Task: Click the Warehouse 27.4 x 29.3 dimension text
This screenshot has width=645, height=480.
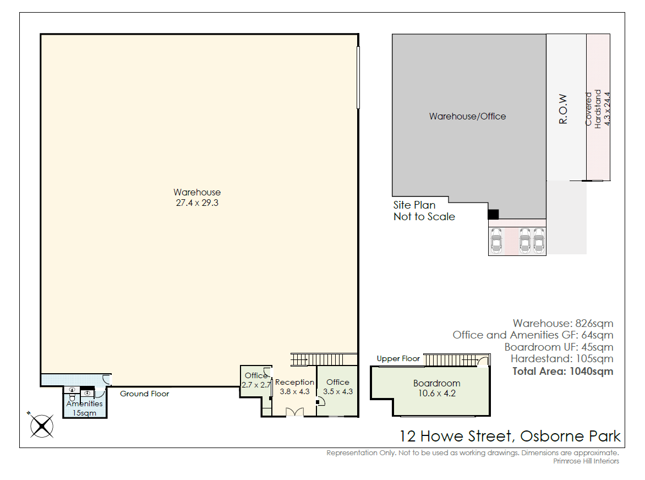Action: point(197,198)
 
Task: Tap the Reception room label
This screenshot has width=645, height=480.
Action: point(294,386)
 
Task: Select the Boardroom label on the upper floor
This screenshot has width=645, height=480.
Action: point(437,388)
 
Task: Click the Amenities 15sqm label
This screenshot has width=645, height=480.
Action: point(84,408)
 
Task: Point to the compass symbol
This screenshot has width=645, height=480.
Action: point(41,426)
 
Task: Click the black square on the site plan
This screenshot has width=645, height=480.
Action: point(493,214)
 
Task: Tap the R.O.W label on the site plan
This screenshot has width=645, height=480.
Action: point(563,109)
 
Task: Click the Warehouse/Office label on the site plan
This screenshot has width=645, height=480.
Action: point(467,116)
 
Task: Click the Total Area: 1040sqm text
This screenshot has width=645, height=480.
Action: point(563,372)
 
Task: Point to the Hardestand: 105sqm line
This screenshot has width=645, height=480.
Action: point(562,359)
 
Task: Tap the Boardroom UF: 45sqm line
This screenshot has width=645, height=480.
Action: point(559,347)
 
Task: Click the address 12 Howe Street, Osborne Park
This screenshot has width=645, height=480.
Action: point(510,436)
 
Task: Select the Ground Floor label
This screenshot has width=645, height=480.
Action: point(144,394)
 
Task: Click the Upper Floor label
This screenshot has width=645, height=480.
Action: point(398,359)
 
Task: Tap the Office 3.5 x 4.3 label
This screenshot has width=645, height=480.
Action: point(338,386)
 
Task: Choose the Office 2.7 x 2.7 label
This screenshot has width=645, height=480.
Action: point(256,380)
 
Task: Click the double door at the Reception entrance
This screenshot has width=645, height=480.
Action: point(294,412)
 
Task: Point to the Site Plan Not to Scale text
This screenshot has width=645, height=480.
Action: point(424,211)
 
